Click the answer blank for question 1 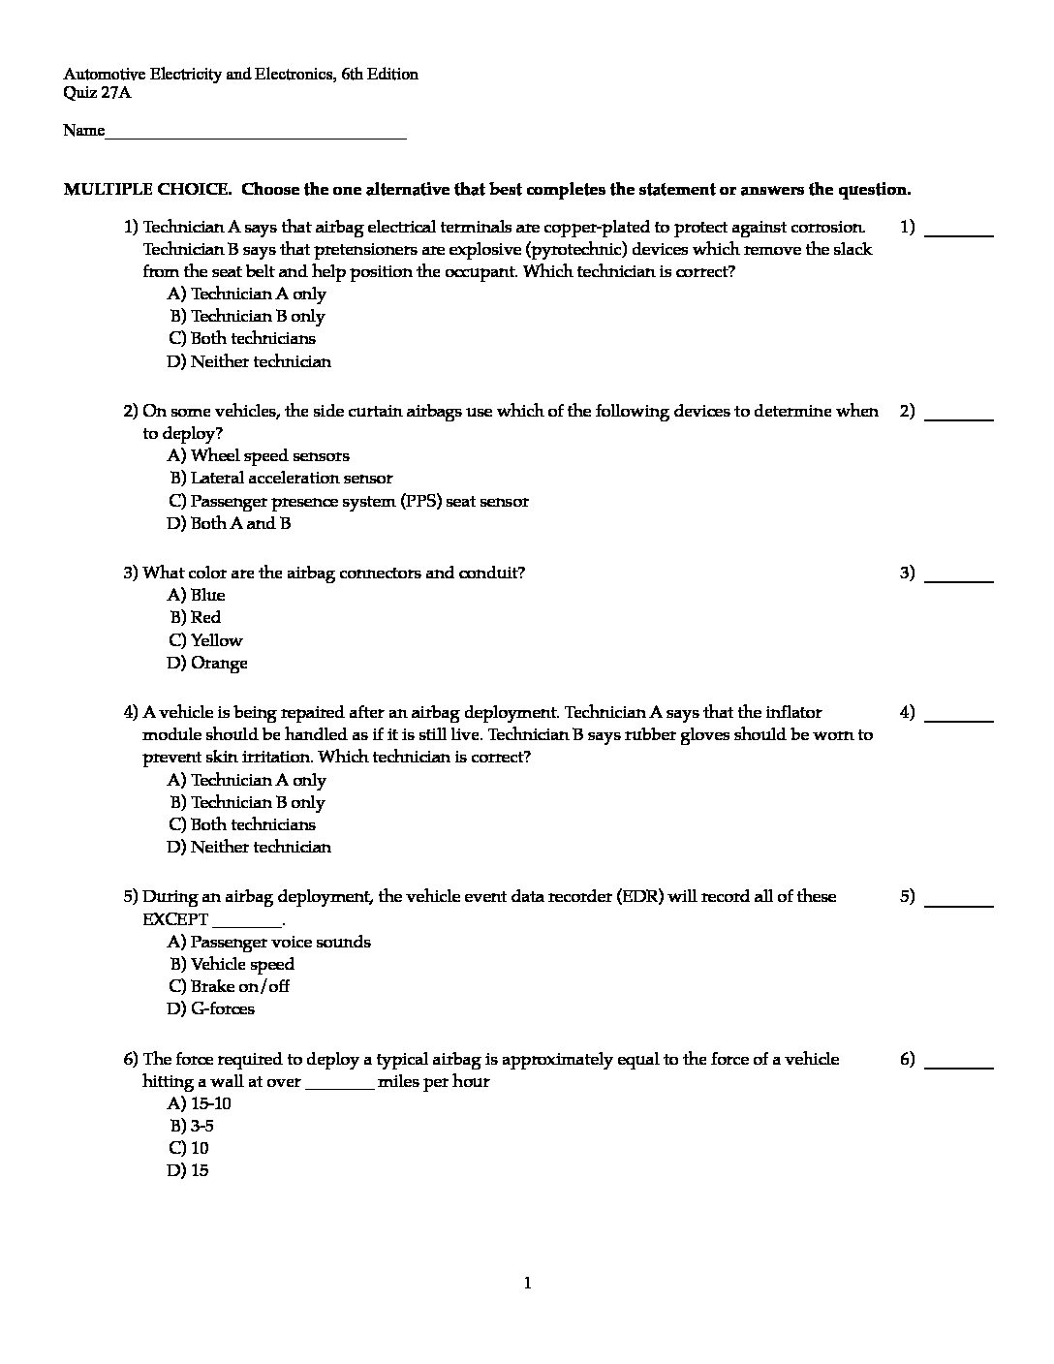click(x=959, y=233)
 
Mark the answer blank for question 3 click(x=959, y=579)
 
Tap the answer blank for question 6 click(x=959, y=1066)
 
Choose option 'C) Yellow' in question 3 click(x=205, y=640)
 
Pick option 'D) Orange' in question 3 click(x=207, y=664)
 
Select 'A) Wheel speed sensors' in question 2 click(x=259, y=455)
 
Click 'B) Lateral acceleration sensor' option click(x=281, y=478)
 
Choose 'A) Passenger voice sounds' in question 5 click(x=269, y=942)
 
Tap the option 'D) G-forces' click(x=211, y=1008)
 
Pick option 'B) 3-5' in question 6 click(x=192, y=1126)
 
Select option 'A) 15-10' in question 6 click(x=200, y=1103)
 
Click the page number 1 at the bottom click(x=527, y=1284)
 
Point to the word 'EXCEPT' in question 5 click(x=175, y=919)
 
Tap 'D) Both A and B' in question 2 click(x=229, y=523)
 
